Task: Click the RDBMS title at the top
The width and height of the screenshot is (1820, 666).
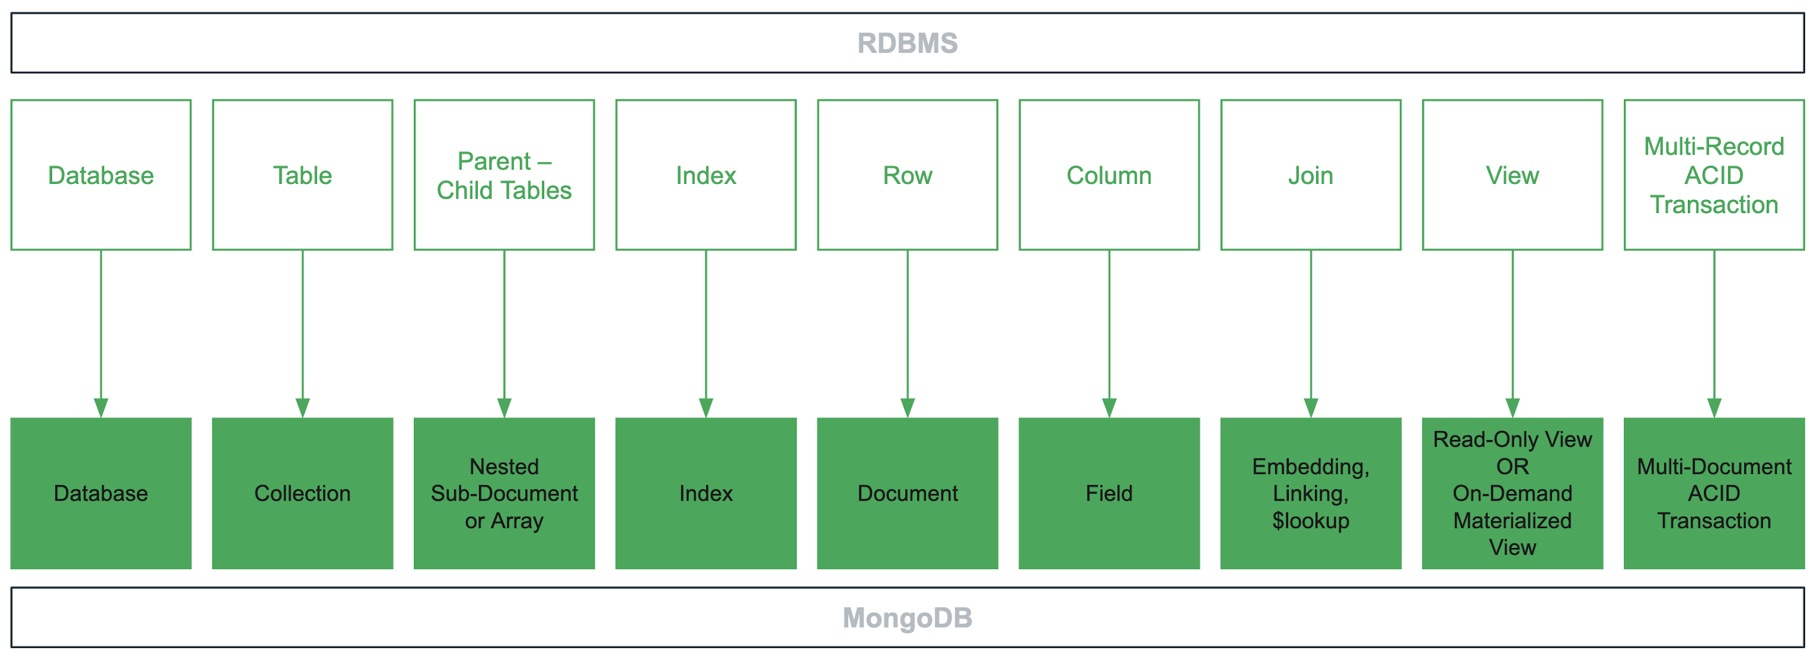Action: (907, 43)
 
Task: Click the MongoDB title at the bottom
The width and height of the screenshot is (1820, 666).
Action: (907, 618)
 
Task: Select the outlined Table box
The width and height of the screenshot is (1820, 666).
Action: (302, 175)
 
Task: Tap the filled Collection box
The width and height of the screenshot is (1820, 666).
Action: (302, 493)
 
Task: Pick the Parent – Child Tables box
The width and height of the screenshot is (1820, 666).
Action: (504, 175)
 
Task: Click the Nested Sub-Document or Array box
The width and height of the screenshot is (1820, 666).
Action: (504, 493)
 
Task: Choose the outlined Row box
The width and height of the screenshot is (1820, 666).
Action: (907, 175)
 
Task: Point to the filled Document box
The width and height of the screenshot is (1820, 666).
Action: (907, 493)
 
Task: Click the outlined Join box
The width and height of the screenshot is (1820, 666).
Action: (1311, 175)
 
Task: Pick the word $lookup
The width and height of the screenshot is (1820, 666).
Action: (1311, 521)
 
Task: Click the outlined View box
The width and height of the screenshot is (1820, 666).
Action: (1512, 175)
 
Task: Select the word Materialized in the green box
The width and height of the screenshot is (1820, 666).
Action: (1512, 521)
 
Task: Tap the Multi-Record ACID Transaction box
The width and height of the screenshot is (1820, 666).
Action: (1713, 175)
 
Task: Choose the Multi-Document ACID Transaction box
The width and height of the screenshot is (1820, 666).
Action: (1713, 493)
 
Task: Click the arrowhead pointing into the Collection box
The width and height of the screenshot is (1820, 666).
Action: (302, 408)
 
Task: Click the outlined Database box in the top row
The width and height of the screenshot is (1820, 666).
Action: (101, 175)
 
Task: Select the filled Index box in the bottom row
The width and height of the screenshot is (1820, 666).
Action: (706, 493)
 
